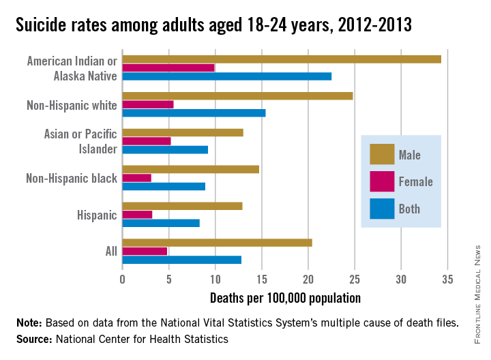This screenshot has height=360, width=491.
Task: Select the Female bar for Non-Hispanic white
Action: (x=148, y=104)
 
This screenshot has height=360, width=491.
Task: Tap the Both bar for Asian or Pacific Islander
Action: (x=165, y=149)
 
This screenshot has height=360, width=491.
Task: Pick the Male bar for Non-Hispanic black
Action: (x=191, y=169)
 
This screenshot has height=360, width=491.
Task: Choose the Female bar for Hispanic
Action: (x=137, y=214)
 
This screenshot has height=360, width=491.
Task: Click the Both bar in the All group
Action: (x=182, y=260)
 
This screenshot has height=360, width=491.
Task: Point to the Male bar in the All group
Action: (x=218, y=243)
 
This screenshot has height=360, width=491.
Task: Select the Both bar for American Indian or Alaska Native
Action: (x=227, y=76)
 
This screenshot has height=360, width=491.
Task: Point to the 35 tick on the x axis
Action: (x=447, y=280)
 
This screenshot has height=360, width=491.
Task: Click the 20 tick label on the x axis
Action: (x=308, y=280)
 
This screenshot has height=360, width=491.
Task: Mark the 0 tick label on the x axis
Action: (x=123, y=280)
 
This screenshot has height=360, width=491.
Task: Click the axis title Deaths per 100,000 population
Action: (x=285, y=298)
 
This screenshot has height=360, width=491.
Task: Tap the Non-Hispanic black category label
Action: (x=72, y=179)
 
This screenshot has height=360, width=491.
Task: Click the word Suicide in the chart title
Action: (x=42, y=25)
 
